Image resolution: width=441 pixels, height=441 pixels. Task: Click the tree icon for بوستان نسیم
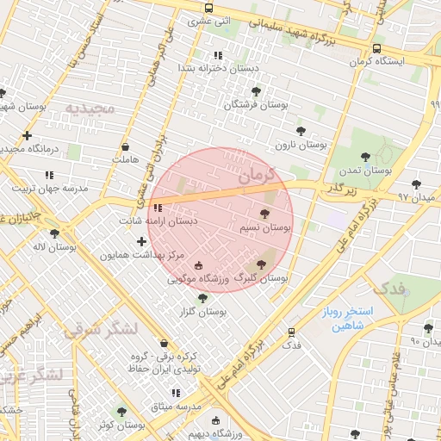point(264,214)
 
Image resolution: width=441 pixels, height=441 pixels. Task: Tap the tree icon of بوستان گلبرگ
point(262,264)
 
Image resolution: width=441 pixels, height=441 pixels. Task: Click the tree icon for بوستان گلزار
point(202,298)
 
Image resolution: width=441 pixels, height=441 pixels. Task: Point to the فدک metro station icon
point(291,332)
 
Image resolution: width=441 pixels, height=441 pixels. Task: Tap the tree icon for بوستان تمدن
point(366,157)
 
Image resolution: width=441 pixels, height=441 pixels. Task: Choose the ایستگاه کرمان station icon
point(377,48)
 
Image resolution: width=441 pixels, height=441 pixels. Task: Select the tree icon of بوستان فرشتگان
point(254,90)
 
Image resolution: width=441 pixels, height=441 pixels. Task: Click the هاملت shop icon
point(126,146)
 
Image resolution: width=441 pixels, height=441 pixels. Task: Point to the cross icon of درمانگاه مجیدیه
point(28,135)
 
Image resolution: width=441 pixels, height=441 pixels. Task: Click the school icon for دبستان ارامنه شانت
point(157,208)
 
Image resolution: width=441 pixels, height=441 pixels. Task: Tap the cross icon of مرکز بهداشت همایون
point(141,242)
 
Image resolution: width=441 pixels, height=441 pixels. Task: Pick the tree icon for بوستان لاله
point(55,233)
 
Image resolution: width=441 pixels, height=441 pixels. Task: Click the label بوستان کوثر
point(120,425)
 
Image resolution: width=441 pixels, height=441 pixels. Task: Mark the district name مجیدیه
point(90,109)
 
